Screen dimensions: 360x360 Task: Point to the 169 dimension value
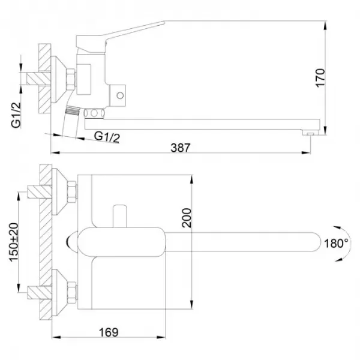[x=108, y=332]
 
